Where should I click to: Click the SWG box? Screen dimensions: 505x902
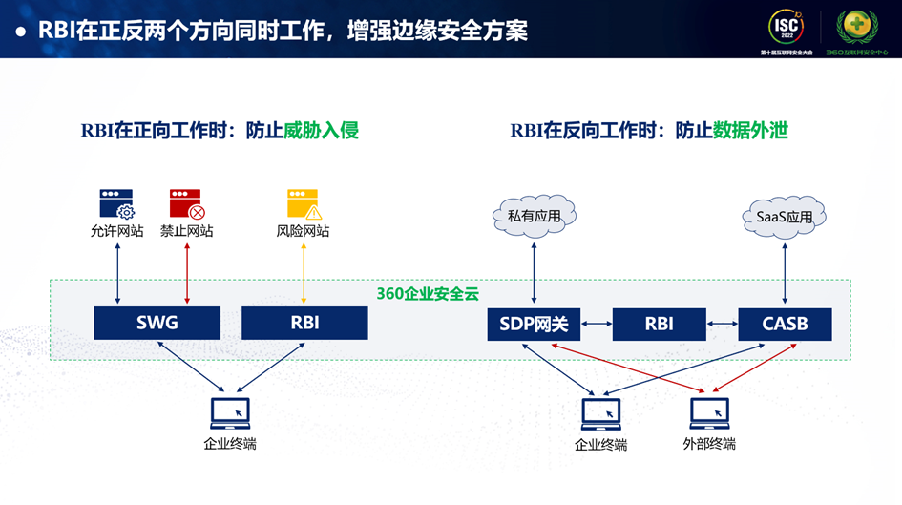coord(157,323)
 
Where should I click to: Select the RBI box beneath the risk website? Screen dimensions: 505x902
coord(304,323)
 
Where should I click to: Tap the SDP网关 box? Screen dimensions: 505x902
coord(534,325)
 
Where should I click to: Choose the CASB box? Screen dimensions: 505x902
coord(785,325)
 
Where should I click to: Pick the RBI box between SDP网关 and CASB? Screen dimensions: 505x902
coord(659,325)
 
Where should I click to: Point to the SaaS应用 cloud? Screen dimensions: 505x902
coord(785,217)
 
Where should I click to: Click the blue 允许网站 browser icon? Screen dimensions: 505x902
coord(116,203)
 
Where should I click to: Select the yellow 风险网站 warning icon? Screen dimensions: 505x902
coord(304,203)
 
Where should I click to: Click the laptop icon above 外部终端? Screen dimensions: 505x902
coord(709,412)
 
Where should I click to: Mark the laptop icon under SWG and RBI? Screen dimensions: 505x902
coord(230,412)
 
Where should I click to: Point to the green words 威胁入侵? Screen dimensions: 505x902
coord(321,131)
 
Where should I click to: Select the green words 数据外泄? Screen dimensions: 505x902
coord(750,131)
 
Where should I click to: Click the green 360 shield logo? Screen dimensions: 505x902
coord(855,26)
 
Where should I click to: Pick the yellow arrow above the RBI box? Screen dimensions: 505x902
coord(304,273)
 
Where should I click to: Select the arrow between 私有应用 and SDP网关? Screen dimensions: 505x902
coord(535,273)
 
